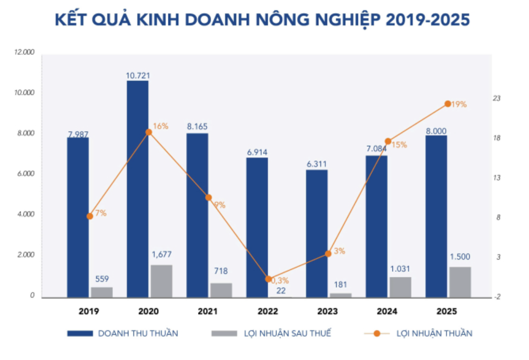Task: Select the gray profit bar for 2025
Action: (460, 282)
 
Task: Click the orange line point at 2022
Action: (268, 279)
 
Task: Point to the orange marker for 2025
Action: (448, 104)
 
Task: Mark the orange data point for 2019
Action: (90, 216)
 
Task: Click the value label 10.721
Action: (137, 75)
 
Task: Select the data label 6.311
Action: (317, 164)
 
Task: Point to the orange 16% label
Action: (160, 126)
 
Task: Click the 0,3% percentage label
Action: (280, 280)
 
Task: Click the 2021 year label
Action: (208, 312)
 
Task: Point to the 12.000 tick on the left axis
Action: (25, 53)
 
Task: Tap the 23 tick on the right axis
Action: (496, 99)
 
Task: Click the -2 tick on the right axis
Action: (496, 297)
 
